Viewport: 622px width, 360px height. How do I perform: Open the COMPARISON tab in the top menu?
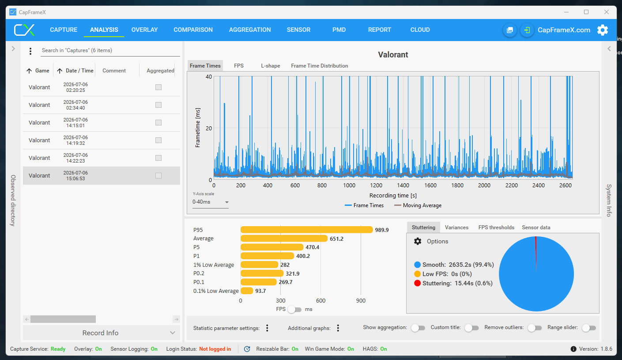(193, 30)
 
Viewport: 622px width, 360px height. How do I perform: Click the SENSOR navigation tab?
(298, 30)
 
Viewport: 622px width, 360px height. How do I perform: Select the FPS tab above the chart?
(238, 66)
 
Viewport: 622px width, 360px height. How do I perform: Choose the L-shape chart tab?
(270, 66)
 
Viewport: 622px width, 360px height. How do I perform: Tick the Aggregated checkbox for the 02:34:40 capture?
(158, 105)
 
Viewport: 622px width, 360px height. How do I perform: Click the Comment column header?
(114, 71)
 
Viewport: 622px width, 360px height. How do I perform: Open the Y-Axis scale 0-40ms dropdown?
(210, 202)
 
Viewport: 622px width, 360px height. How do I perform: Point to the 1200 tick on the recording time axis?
(376, 185)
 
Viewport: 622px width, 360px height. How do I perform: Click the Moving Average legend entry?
(418, 205)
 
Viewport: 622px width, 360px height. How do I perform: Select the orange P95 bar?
(306, 230)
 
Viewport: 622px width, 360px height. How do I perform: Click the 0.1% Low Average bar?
(247, 291)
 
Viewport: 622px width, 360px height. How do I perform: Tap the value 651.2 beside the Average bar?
(336, 239)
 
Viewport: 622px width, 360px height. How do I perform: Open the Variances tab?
(456, 227)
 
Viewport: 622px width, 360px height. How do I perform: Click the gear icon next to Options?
(418, 241)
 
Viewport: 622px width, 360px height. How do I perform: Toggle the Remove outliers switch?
(535, 328)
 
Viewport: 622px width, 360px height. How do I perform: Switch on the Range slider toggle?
(589, 328)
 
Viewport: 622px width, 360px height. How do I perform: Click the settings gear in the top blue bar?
(603, 30)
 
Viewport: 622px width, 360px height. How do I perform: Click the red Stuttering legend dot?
(417, 283)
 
